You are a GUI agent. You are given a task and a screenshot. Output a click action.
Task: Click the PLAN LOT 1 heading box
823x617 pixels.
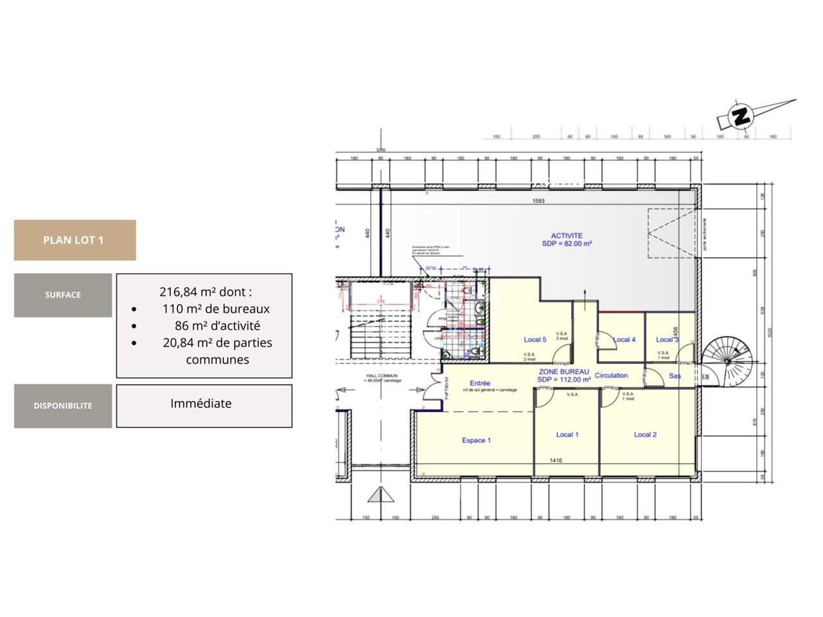[75, 240]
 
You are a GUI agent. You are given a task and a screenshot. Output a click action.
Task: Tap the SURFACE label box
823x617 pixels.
[63, 295]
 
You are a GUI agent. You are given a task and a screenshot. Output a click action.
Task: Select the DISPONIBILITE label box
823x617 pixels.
[63, 406]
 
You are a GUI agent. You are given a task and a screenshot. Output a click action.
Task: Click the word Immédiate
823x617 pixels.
[201, 404]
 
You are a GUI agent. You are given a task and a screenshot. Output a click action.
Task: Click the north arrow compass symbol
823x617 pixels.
[741, 116]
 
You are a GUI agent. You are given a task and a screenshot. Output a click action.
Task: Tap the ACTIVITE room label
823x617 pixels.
[566, 236]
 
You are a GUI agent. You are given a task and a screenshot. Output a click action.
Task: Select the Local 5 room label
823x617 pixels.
[535, 339]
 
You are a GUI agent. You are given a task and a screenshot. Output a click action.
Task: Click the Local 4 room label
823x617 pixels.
[624, 339]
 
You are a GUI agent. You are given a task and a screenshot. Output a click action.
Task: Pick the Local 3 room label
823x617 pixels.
[667, 339]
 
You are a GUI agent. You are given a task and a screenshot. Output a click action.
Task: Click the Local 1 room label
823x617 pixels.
[567, 434]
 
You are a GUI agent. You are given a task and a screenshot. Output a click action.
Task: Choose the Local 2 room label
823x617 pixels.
[645, 434]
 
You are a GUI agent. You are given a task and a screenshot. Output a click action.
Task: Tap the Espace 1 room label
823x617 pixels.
[476, 440]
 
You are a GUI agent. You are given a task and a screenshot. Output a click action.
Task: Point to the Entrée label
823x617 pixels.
[480, 383]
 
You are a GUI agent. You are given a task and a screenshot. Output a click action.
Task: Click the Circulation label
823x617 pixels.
[611, 375]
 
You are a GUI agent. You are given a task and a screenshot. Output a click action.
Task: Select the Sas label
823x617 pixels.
[674, 376]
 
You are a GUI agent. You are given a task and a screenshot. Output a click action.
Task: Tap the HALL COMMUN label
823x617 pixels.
[382, 376]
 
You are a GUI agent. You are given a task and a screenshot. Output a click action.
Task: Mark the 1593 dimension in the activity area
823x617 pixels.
[538, 201]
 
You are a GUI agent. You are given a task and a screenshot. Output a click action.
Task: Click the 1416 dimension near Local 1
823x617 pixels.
[556, 460]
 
